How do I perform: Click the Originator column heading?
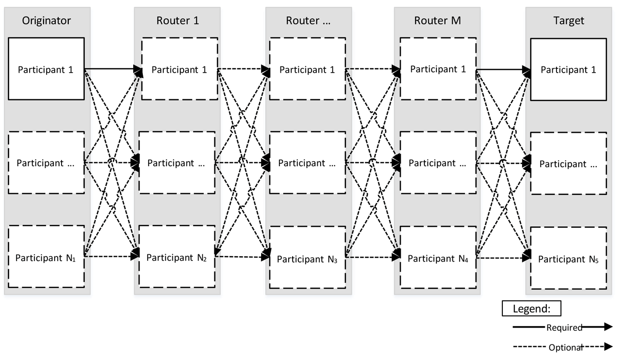(46, 20)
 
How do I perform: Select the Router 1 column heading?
(177, 20)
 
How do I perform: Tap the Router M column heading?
(437, 20)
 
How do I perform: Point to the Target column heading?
(569, 20)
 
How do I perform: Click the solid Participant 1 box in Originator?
(47, 69)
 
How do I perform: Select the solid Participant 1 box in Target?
(568, 70)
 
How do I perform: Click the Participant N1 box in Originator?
(47, 257)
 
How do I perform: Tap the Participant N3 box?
(308, 258)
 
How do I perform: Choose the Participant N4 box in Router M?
(438, 258)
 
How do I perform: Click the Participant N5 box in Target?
(568, 259)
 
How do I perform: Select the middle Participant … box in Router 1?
(177, 162)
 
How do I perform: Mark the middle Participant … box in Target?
(568, 163)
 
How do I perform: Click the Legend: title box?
(531, 309)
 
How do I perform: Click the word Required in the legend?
(564, 328)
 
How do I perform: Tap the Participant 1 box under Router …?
(308, 69)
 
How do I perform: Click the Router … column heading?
(308, 20)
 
